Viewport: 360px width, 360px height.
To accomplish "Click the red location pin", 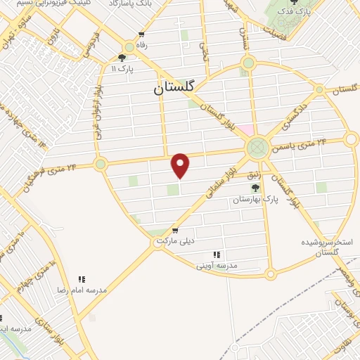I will point(181,165).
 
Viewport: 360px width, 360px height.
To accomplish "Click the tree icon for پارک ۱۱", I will point(122,58).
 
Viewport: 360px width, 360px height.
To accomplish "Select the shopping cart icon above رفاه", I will point(141,34).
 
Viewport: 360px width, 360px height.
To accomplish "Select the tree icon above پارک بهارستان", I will point(256,188).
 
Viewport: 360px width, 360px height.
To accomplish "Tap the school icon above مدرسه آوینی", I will point(217,255).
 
